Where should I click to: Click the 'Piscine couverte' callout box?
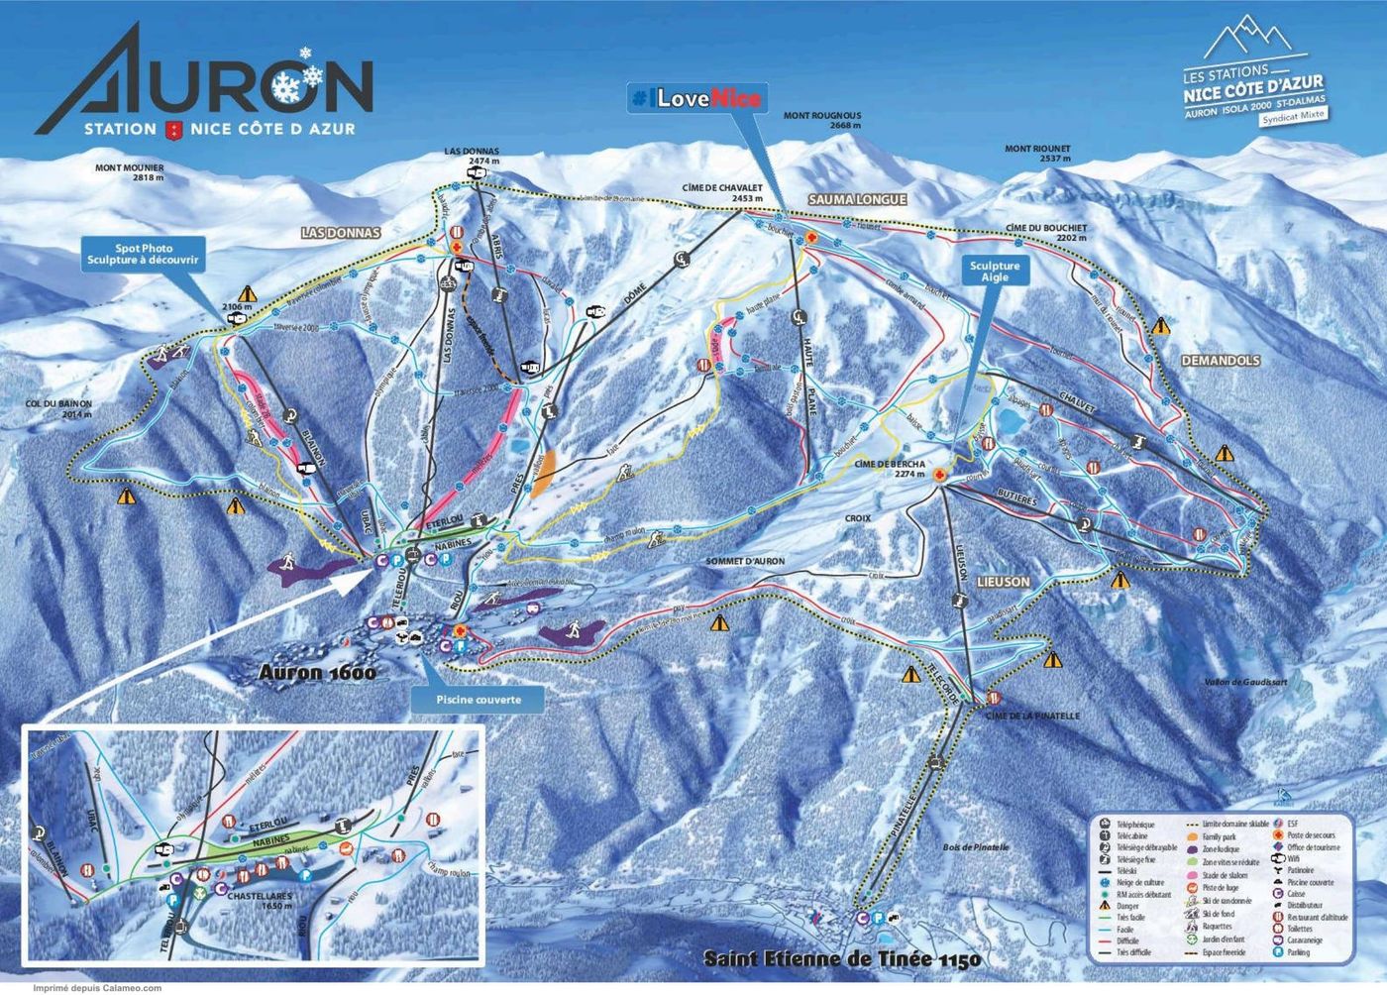[x=478, y=699]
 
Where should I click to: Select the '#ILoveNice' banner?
[x=697, y=97]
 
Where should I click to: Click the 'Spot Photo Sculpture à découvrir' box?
[x=143, y=254]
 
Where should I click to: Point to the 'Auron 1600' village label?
[x=312, y=672]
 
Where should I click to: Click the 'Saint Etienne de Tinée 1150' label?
[x=841, y=959]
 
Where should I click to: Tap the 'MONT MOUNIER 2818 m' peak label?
[x=130, y=173]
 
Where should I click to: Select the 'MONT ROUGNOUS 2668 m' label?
[x=822, y=121]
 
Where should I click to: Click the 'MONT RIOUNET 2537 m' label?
[x=1037, y=154]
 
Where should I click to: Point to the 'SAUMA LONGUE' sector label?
[x=857, y=200]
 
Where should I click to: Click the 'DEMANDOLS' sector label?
[x=1220, y=361]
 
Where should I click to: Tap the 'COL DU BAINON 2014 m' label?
[x=59, y=409]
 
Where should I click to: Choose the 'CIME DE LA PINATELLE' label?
[x=1031, y=716]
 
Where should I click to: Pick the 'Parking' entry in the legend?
[x=1308, y=952]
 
